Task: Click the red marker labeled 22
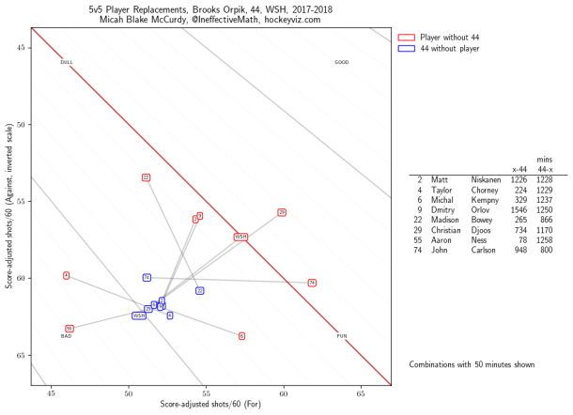point(146,177)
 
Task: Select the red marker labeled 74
point(312,283)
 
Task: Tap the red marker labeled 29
point(282,212)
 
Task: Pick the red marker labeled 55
point(70,329)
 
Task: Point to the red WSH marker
point(241,237)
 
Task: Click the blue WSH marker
point(139,315)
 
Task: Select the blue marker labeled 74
point(147,277)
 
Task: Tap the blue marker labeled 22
point(200,291)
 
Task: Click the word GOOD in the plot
point(342,63)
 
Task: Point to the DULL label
point(67,63)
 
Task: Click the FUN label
point(342,335)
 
